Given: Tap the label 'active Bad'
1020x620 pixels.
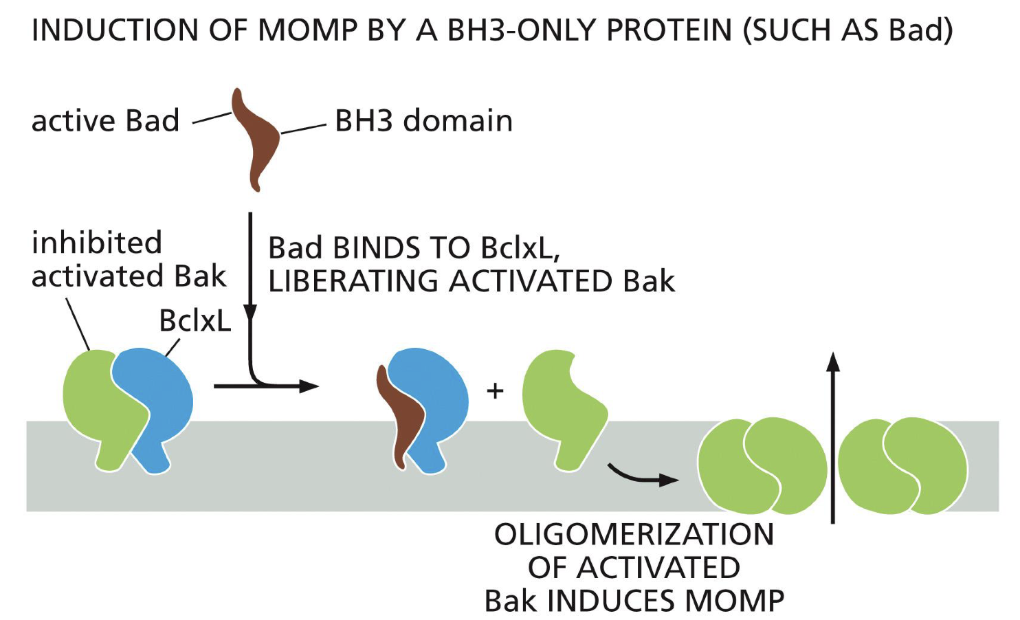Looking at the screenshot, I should (x=105, y=121).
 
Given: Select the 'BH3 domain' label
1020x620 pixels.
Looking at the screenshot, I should (x=423, y=121).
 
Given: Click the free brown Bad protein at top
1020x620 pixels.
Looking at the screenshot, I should (x=256, y=138).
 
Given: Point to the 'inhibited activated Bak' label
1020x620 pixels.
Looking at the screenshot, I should (x=128, y=260).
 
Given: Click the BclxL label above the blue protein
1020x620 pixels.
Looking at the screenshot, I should (x=195, y=321).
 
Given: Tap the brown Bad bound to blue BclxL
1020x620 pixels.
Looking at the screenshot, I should (x=397, y=419).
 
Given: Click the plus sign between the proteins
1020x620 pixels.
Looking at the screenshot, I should (x=495, y=391).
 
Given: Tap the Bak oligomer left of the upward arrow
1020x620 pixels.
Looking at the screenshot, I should (x=762, y=466).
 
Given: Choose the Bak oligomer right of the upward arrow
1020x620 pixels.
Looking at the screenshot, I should (x=902, y=466).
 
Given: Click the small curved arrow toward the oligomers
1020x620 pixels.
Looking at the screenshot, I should (x=642, y=476).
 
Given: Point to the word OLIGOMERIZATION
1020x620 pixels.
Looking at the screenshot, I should (x=634, y=535).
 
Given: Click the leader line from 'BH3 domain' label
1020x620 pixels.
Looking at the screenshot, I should (x=303, y=129).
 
